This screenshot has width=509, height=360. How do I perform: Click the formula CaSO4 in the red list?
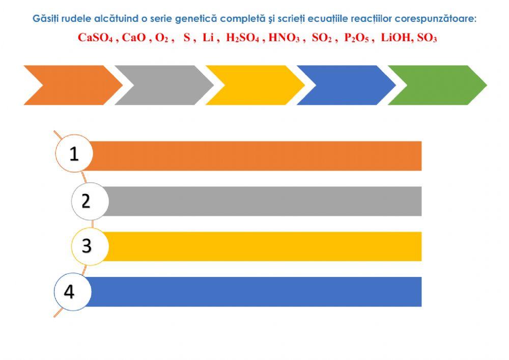95,38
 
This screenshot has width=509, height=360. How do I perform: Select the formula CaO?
134,38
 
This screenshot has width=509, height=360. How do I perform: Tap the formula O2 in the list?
162,38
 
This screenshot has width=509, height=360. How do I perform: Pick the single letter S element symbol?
187,38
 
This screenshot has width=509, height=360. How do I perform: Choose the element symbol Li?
208,38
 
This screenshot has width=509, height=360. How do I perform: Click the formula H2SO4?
242,38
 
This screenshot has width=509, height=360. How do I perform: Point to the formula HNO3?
284,38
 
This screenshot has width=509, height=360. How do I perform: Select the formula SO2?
322,38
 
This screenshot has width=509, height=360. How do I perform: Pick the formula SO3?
427,38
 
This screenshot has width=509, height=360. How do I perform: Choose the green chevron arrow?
438,85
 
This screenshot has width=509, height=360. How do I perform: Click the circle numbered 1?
74,153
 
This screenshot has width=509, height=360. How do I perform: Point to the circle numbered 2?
90,201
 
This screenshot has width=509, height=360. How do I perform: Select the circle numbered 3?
90,246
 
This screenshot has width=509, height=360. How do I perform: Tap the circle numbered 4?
73,292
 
